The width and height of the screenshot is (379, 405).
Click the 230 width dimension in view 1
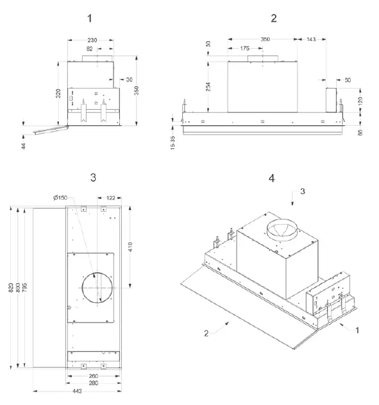(x=92, y=39)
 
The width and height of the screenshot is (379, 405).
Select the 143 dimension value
(x=312, y=39)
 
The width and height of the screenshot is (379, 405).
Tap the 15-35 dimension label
(x=174, y=142)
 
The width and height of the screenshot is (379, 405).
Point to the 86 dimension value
(x=360, y=132)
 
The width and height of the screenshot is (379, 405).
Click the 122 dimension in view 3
(x=110, y=197)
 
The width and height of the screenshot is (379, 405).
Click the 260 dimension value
(x=93, y=376)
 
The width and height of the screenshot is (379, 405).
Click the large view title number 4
(x=272, y=178)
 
